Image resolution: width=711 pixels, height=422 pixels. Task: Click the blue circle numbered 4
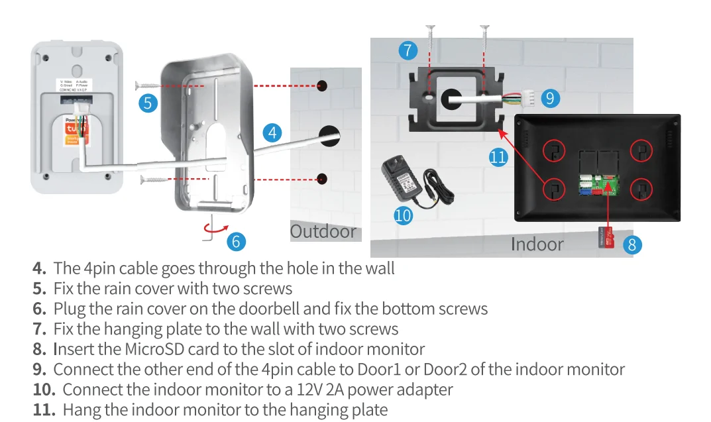click(272, 132)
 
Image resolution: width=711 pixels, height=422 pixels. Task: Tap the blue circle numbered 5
click(149, 103)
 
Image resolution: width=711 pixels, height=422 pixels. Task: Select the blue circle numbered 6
click(236, 241)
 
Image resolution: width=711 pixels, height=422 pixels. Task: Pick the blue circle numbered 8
click(631, 244)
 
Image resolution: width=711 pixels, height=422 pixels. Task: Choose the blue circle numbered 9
click(550, 99)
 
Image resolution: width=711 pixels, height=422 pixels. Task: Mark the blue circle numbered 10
click(403, 215)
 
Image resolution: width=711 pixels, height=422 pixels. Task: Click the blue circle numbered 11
click(498, 157)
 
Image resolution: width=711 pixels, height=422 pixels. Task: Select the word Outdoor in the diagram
click(323, 232)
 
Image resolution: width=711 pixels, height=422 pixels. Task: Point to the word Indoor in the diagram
click(537, 244)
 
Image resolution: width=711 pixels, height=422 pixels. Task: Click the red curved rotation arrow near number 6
click(213, 227)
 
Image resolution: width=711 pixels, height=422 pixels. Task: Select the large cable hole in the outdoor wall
click(329, 136)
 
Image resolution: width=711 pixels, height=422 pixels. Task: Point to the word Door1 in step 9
click(384, 369)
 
